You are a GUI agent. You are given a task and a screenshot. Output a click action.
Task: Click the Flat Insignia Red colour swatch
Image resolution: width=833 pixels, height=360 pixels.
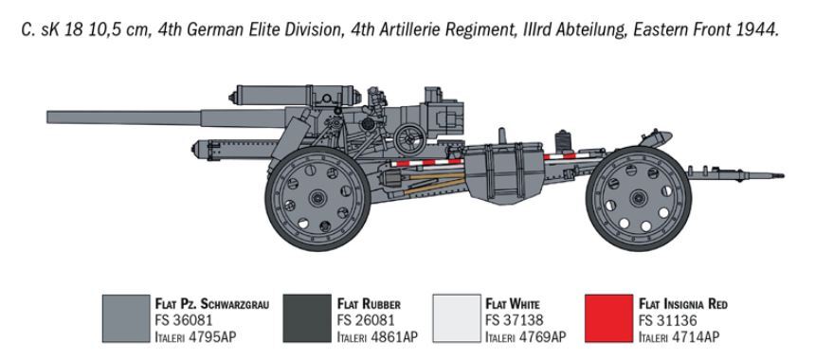(608, 319)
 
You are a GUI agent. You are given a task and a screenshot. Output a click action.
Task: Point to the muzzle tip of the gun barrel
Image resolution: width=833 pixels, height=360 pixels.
(48, 117)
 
